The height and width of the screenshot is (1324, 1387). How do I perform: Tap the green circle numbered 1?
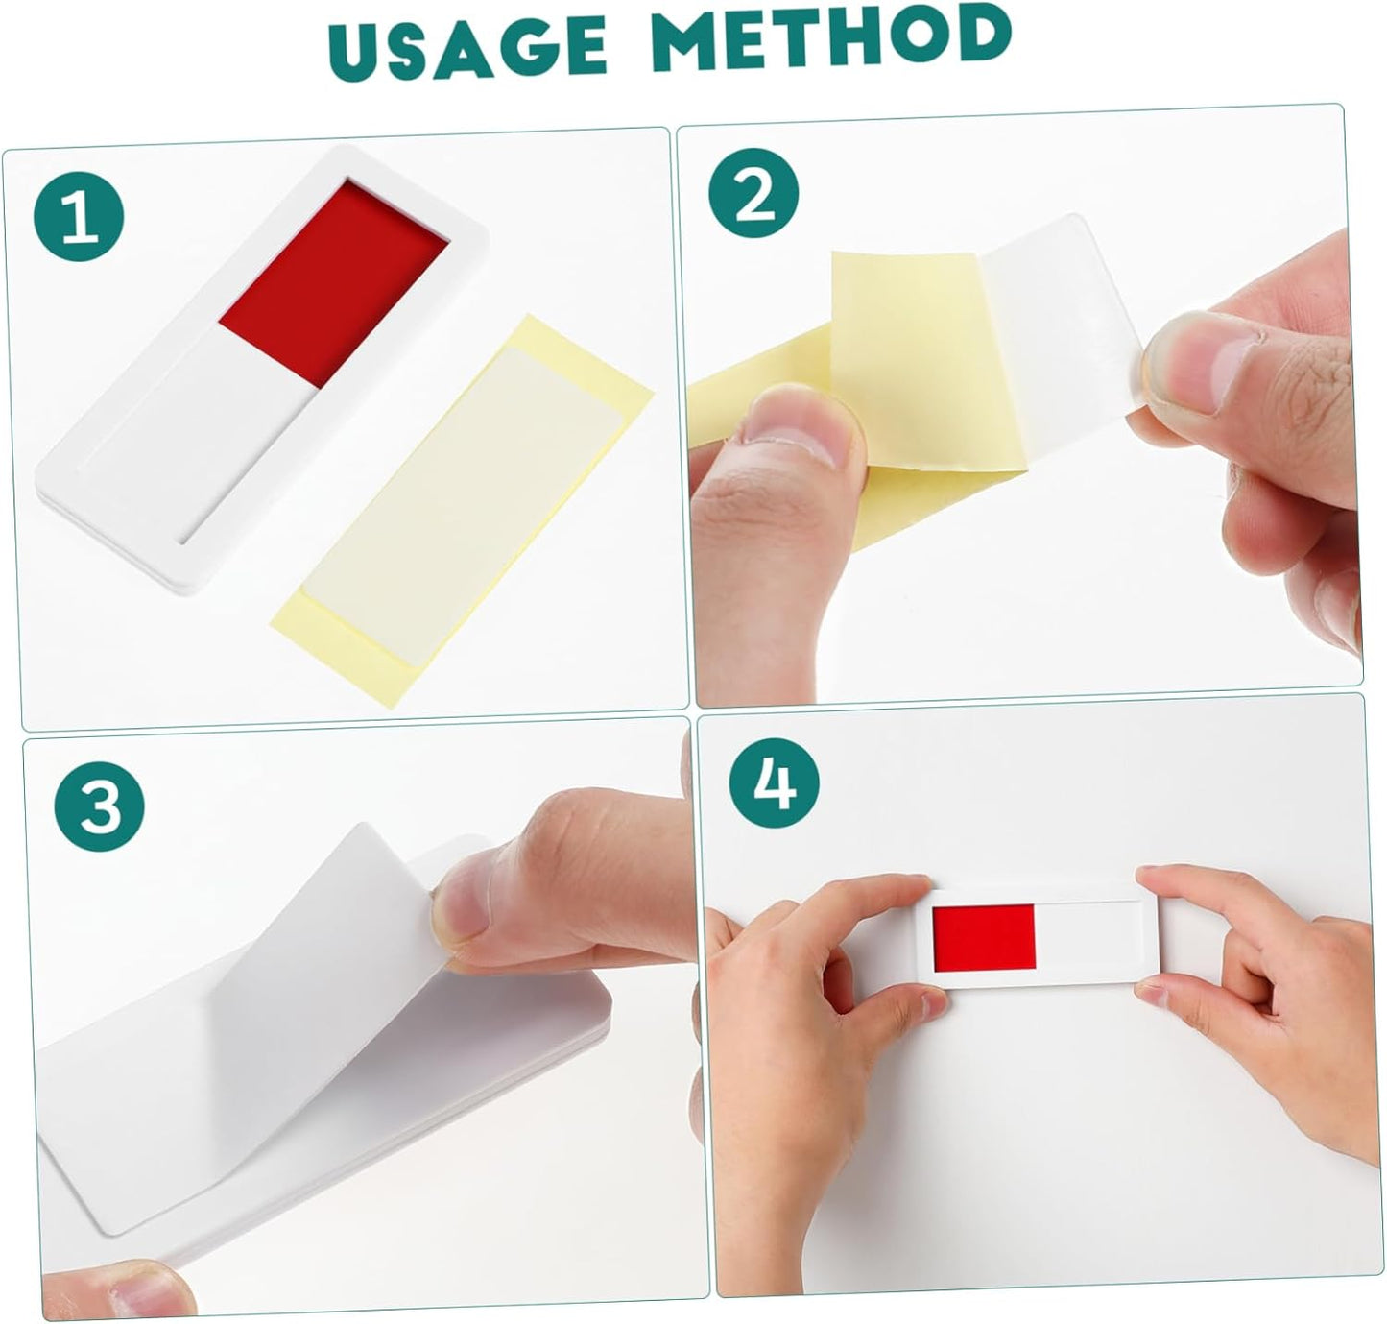pos(79,217)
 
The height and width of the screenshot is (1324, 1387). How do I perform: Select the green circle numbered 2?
pos(753,193)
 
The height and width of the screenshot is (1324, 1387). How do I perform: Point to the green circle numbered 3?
pos(100,806)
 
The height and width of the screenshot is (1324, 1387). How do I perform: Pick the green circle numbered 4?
pos(775,782)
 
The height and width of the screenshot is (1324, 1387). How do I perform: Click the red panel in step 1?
pos(333,282)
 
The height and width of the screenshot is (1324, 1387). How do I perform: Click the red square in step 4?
pos(984,936)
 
